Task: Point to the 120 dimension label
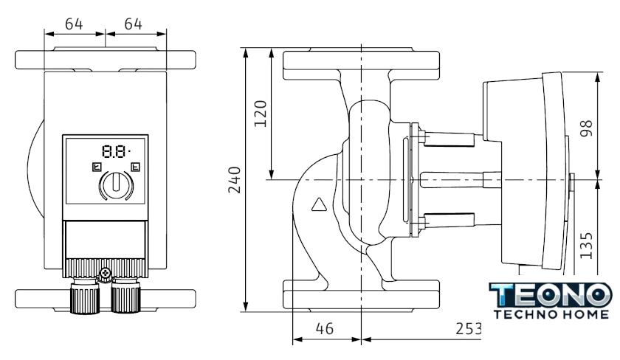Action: (x=260, y=114)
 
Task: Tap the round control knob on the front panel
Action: (x=114, y=184)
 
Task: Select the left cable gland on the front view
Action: (x=86, y=297)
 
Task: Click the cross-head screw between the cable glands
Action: (x=106, y=275)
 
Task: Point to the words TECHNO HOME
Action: (x=549, y=314)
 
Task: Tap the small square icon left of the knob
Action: (x=94, y=167)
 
